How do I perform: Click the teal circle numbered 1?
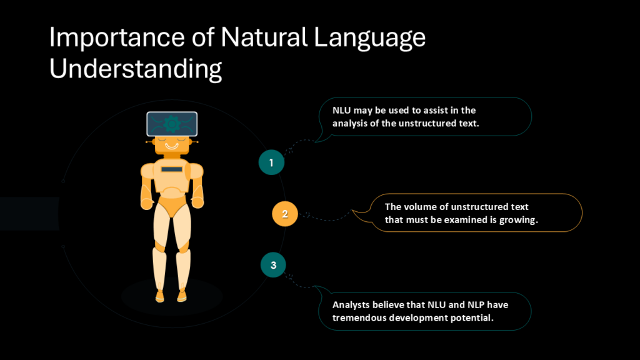click(x=271, y=162)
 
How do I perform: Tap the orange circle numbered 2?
click(x=285, y=214)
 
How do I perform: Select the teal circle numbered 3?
click(x=274, y=265)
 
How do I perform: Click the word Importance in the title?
click(x=117, y=37)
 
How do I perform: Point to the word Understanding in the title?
click(x=136, y=69)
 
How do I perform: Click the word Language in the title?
click(x=369, y=38)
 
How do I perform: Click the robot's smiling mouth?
click(x=172, y=146)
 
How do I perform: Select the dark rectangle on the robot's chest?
click(x=172, y=169)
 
